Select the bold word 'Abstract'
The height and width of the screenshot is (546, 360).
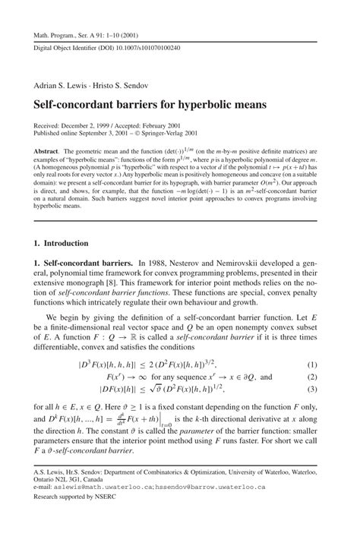pos(46,152)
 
